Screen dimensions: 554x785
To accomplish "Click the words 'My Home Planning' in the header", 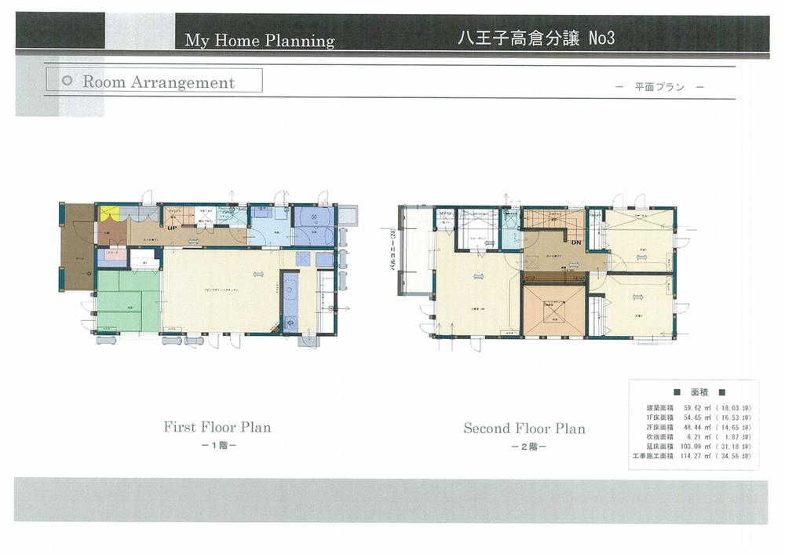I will click(259, 41).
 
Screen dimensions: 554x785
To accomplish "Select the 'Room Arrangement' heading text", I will click(159, 82).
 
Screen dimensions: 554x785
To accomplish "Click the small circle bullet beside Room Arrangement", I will click(67, 82).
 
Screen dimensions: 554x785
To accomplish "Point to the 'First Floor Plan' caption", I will click(217, 428).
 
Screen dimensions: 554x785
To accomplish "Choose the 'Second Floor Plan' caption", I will click(524, 428).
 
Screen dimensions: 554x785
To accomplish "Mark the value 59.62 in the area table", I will click(686, 409).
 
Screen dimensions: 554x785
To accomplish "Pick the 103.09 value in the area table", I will click(685, 446).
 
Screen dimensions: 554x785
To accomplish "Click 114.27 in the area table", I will click(685, 455).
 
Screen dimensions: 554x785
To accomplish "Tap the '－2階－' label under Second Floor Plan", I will click(524, 446).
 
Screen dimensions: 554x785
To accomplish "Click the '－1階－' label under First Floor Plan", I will click(217, 446).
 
